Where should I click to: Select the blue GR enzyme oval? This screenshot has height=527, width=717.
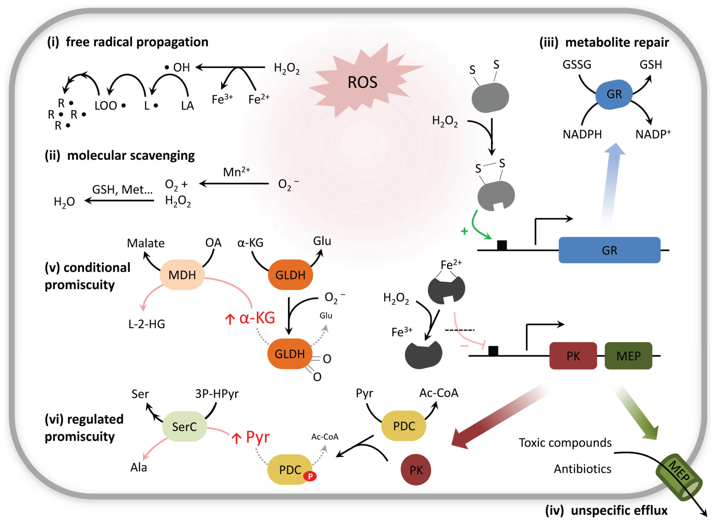click(614, 95)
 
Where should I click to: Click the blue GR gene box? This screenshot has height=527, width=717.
click(609, 250)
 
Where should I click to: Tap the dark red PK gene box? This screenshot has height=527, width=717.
click(573, 356)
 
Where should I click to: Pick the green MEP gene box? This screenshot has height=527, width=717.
click(628, 356)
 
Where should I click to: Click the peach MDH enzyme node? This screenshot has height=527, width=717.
click(182, 275)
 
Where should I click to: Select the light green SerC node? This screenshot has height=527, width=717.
click(184, 427)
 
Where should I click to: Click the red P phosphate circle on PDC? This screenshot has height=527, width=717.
click(310, 476)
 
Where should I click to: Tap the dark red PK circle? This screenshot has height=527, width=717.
click(416, 470)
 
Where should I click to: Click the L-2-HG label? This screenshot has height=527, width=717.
click(146, 324)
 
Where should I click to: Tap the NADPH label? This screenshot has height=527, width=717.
click(582, 134)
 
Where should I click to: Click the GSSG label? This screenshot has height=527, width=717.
click(577, 65)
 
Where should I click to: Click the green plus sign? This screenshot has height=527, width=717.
click(464, 231)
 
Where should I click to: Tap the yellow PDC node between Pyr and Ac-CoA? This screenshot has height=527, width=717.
click(404, 426)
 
